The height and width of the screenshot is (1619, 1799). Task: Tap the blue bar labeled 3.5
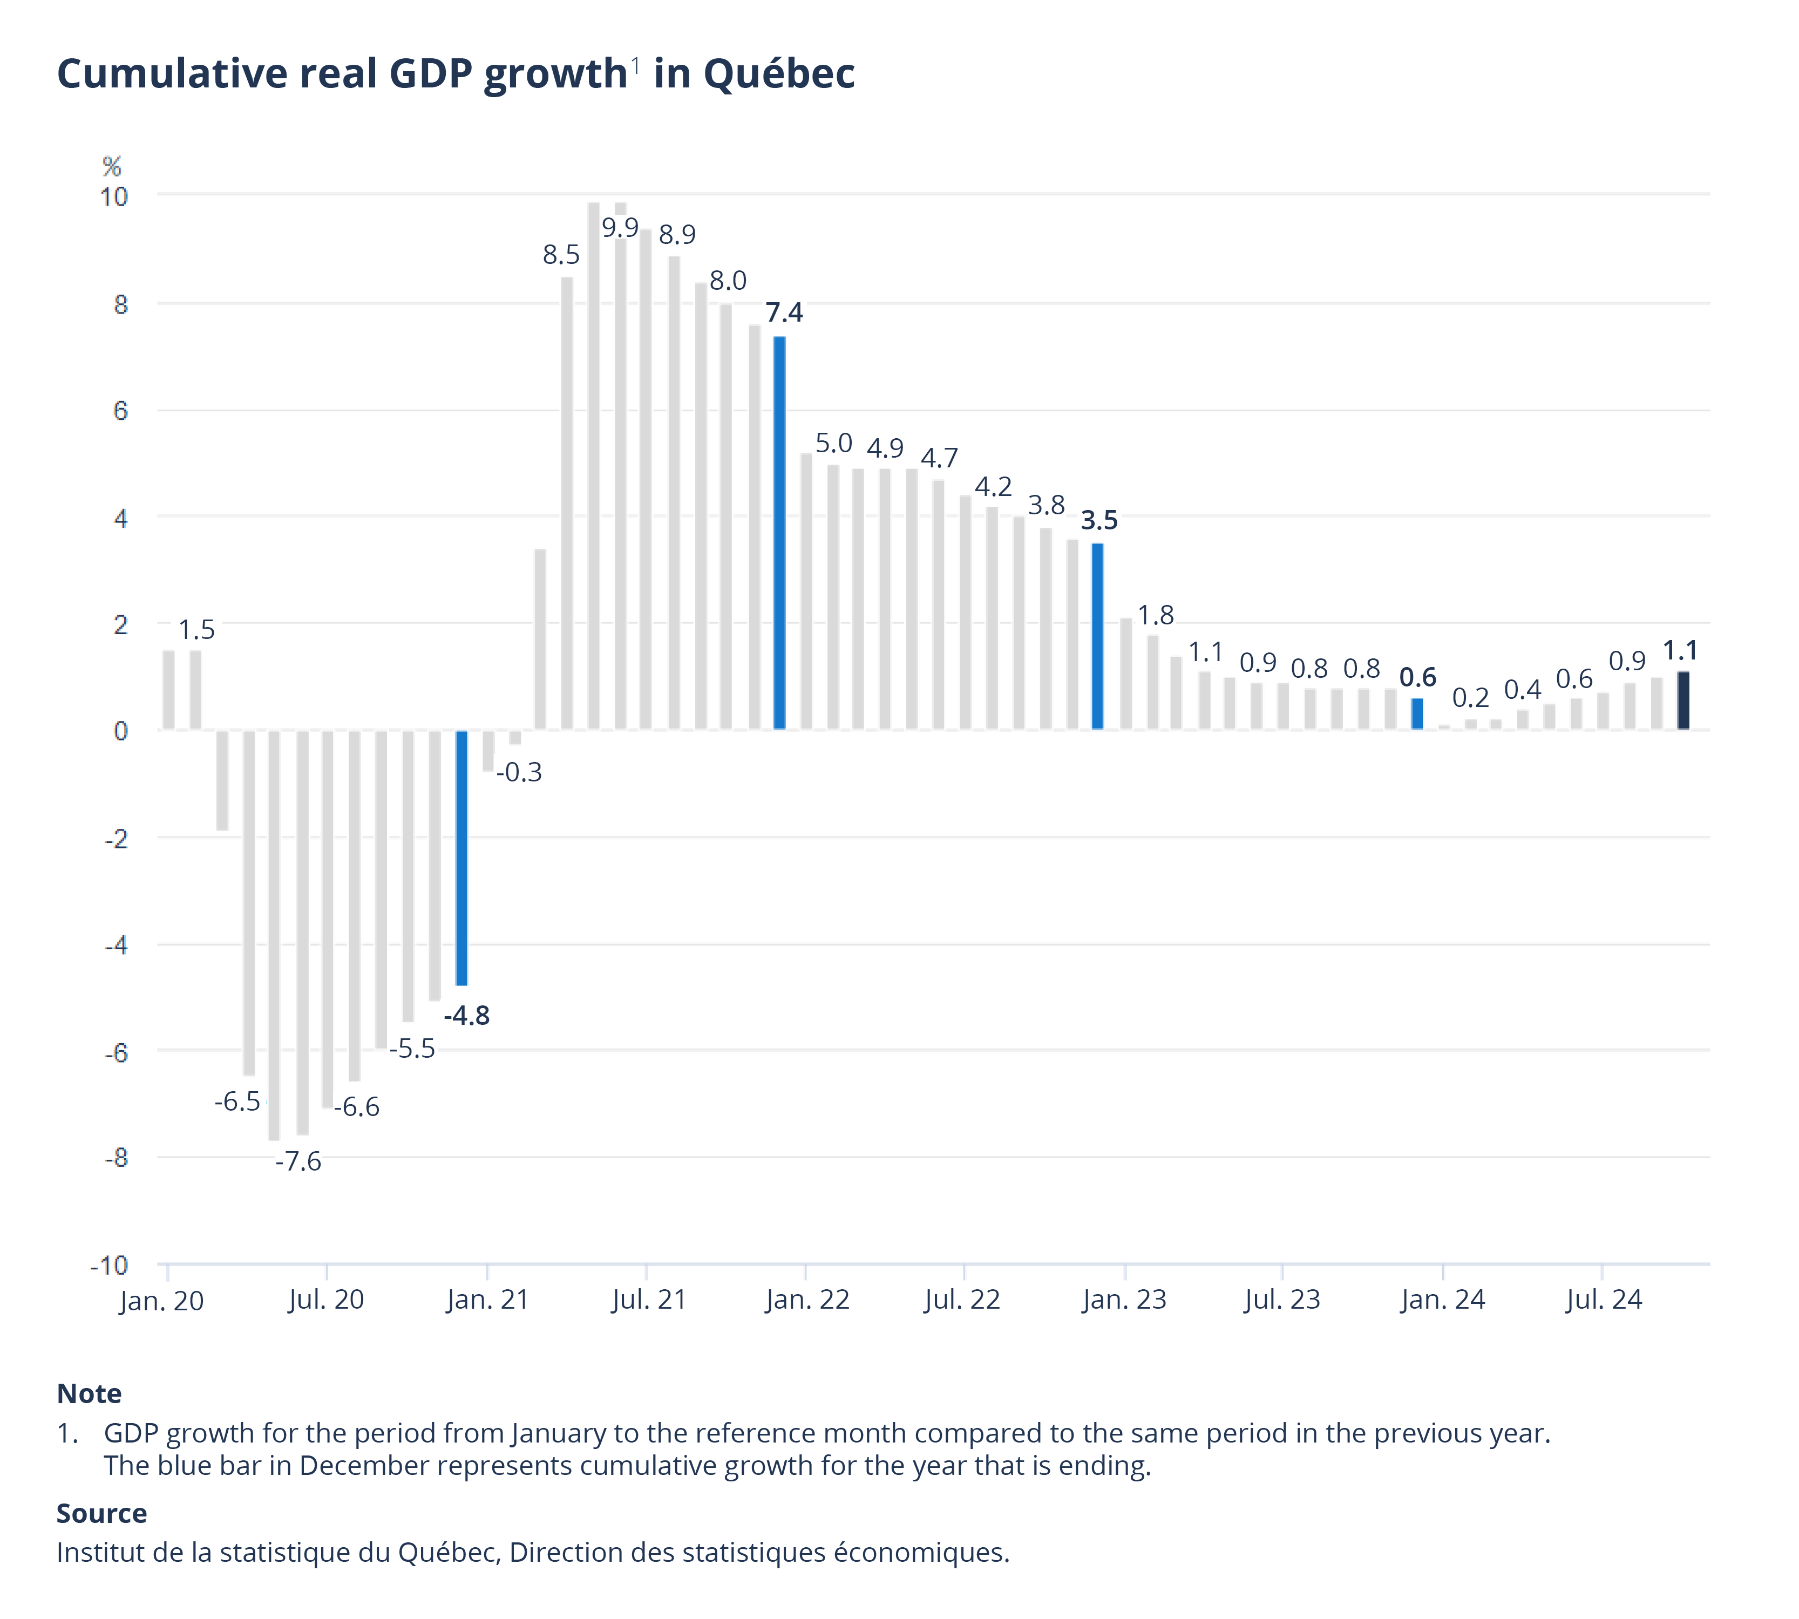point(1097,636)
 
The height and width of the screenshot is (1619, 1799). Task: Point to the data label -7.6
point(298,1162)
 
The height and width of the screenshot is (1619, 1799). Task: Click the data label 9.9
point(619,228)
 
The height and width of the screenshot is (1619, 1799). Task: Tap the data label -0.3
point(519,772)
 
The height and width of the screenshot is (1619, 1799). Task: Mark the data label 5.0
point(834,443)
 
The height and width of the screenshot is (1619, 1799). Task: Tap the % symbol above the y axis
point(111,166)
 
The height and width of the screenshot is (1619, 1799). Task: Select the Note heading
point(89,1394)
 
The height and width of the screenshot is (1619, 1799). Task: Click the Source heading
point(101,1513)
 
